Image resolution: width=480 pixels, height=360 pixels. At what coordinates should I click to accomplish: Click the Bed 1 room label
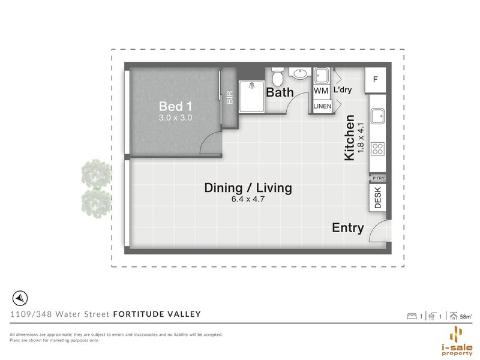(175, 106)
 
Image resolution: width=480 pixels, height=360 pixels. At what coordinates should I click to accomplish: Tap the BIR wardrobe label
(229, 97)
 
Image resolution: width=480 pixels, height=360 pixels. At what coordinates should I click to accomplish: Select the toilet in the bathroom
(278, 77)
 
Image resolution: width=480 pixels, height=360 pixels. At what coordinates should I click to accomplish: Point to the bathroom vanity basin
(299, 74)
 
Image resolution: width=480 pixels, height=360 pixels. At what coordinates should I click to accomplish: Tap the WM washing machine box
(321, 91)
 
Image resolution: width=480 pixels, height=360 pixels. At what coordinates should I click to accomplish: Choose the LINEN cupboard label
(321, 106)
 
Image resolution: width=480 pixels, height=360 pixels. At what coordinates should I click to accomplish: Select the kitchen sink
(378, 116)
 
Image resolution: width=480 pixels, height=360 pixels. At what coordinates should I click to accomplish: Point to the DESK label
(377, 197)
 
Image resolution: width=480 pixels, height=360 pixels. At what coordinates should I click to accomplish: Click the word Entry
(348, 228)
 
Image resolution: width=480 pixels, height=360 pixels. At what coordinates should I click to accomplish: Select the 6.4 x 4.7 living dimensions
(248, 199)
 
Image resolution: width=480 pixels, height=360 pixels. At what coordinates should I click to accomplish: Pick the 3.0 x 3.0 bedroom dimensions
(175, 118)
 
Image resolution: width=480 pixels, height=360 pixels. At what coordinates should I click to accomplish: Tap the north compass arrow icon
(19, 298)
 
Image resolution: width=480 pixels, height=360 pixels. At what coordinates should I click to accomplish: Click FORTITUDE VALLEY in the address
(157, 314)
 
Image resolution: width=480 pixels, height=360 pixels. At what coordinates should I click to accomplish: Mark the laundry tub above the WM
(321, 76)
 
